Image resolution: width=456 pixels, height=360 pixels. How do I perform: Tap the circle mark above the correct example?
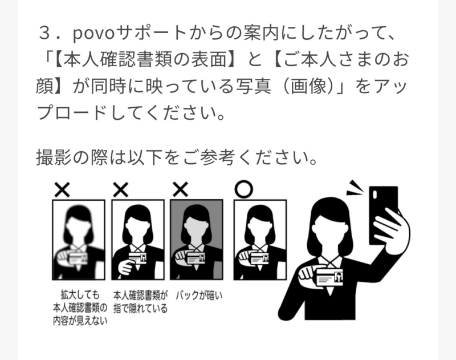tap(244, 189)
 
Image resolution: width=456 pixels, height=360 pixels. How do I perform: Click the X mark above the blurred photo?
tap(62, 190)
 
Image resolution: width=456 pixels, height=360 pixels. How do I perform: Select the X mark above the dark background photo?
tap(180, 190)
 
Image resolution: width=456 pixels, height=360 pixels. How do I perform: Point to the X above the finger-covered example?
tap(120, 190)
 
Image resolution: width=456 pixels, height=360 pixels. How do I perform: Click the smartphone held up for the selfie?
tap(383, 215)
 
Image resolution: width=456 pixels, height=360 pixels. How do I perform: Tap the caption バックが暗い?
tap(199, 296)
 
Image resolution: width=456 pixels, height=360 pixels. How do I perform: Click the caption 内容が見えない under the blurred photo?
tap(80, 321)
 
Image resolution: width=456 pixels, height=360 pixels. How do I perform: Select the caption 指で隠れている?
tap(140, 308)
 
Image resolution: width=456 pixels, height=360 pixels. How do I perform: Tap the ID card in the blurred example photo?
tap(78, 258)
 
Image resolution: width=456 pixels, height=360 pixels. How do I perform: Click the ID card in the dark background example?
tap(196, 258)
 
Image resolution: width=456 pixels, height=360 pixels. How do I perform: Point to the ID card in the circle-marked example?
tap(259, 258)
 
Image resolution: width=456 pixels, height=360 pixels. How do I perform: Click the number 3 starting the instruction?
tap(44, 34)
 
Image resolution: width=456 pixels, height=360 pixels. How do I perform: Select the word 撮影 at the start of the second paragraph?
tap(54, 157)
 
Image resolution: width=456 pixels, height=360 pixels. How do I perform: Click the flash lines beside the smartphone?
tap(355, 189)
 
